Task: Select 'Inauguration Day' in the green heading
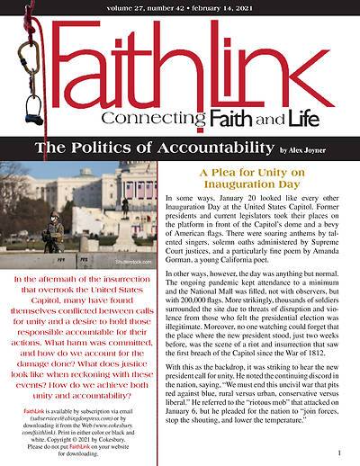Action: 257,183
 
